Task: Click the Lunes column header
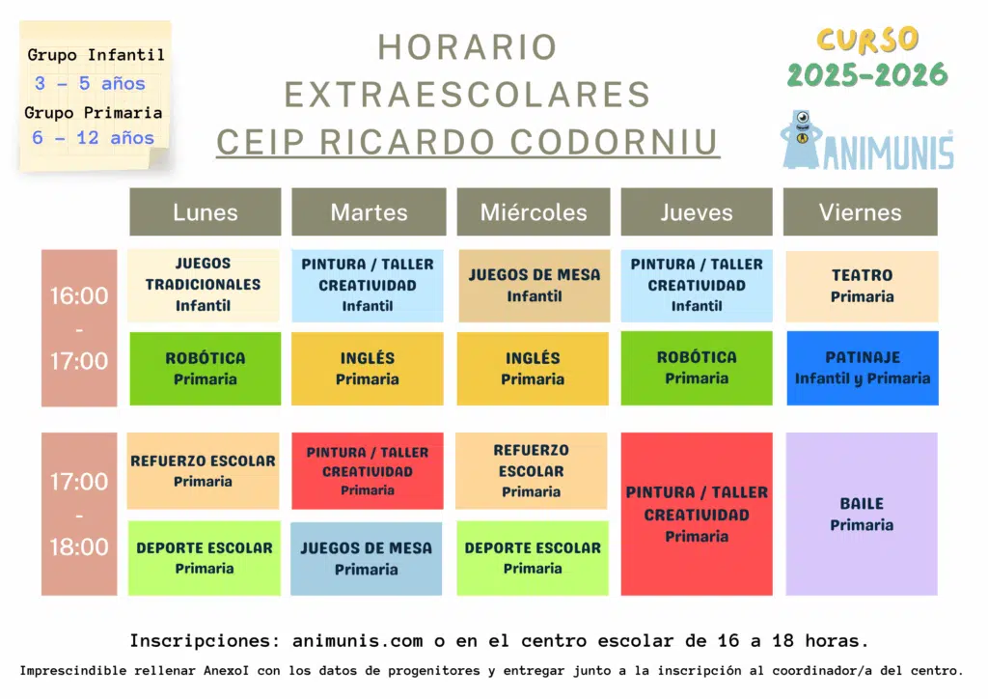click(206, 211)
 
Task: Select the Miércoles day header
click(533, 211)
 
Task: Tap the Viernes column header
click(860, 211)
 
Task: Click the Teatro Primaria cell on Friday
click(862, 286)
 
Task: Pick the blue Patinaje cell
click(862, 368)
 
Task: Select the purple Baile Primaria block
click(862, 514)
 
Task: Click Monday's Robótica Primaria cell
click(206, 369)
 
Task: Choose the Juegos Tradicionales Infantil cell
click(204, 286)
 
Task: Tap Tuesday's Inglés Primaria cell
click(368, 369)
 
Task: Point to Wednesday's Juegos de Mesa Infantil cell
click(535, 286)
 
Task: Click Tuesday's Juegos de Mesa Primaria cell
click(366, 558)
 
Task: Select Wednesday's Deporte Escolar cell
click(533, 558)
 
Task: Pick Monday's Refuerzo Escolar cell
click(203, 471)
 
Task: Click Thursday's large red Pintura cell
click(697, 514)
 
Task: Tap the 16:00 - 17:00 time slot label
click(79, 327)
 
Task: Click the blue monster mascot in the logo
click(801, 140)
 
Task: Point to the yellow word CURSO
click(867, 41)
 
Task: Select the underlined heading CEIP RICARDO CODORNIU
click(468, 143)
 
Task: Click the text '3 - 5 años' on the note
click(90, 83)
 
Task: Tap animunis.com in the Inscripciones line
click(357, 641)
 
